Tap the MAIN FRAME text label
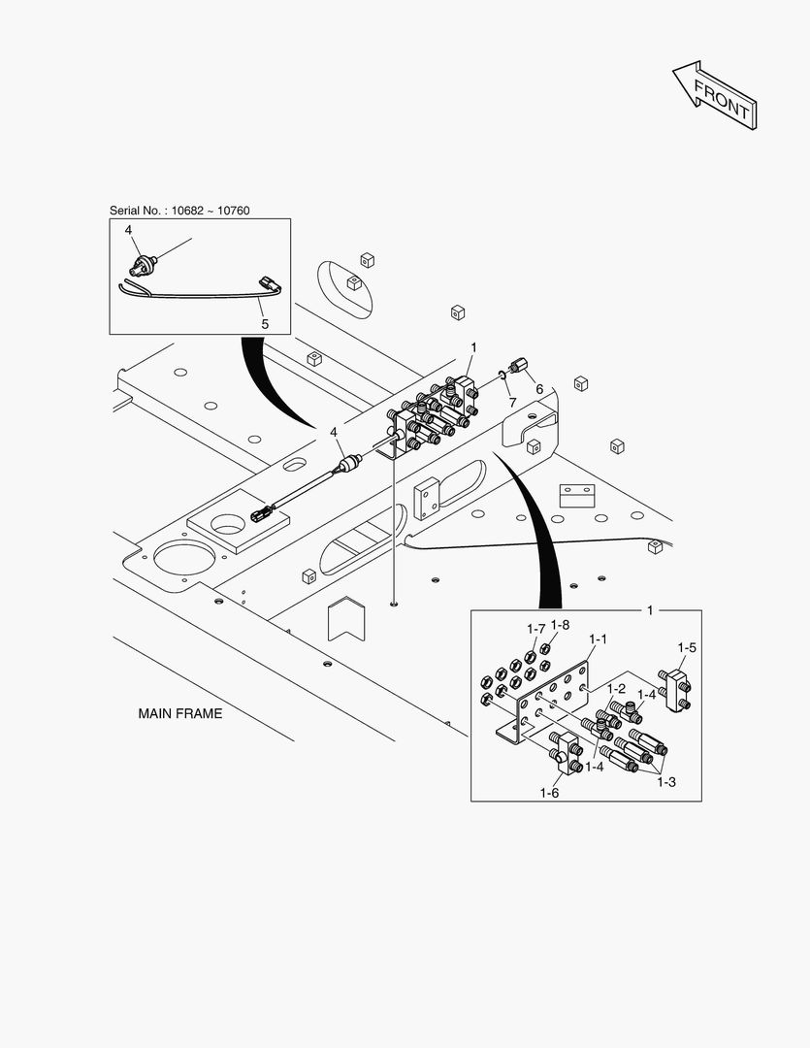tap(179, 713)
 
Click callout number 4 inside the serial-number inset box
tap(127, 231)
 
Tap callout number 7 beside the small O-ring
tap(512, 401)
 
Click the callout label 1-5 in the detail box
tap(687, 647)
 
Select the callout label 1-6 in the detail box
tap(549, 793)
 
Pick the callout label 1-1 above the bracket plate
tap(598, 639)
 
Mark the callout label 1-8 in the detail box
tap(560, 626)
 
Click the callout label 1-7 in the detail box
tap(536, 629)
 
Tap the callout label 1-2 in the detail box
tap(615, 688)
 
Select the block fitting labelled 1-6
tap(566, 751)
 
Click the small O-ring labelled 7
tap(502, 374)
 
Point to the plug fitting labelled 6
tap(521, 368)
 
